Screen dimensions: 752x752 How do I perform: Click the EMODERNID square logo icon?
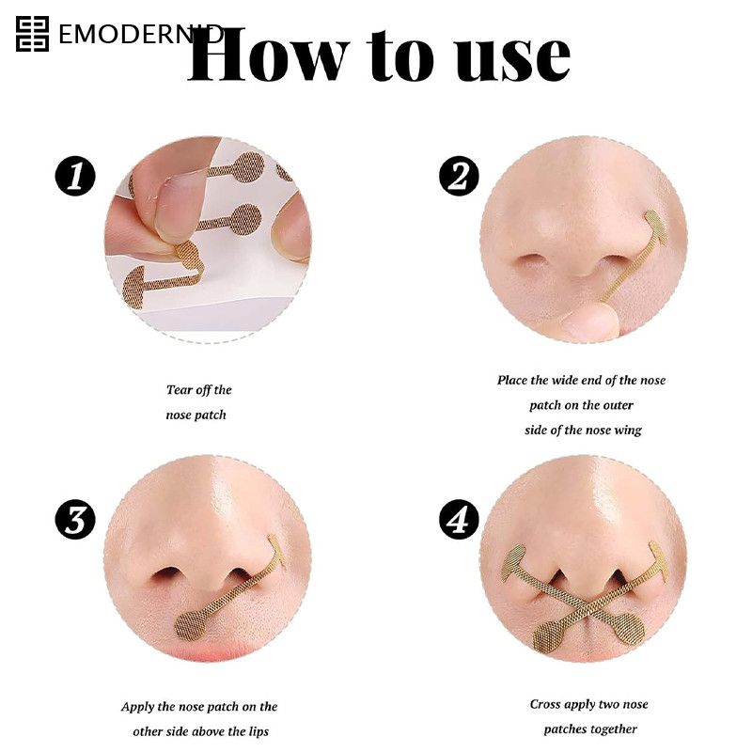pos(32,34)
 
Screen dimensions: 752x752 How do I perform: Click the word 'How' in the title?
pos(268,55)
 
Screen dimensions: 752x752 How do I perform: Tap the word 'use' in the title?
pos(513,59)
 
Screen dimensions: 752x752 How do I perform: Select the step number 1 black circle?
pos(75,176)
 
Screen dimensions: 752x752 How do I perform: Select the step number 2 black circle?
pos(459,176)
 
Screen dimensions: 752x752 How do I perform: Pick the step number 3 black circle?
pos(75,520)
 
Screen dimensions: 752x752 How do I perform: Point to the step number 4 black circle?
pos(459,520)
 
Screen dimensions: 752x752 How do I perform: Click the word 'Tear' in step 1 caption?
pos(179,390)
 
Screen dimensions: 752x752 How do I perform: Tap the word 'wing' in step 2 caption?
pos(627,431)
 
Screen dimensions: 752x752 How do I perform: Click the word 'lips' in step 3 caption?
pos(258,731)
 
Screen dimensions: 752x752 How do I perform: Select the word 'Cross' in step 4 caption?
pos(545,704)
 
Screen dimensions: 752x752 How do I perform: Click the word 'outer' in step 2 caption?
pos(619,406)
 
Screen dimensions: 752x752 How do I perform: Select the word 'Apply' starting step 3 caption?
pos(137,708)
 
